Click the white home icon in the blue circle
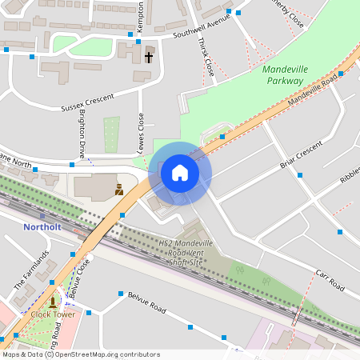(x=180, y=172)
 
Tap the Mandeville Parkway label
(x=285, y=75)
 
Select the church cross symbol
(x=149, y=57)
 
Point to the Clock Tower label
(x=52, y=314)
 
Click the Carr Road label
(x=329, y=279)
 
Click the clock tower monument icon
(x=53, y=302)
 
